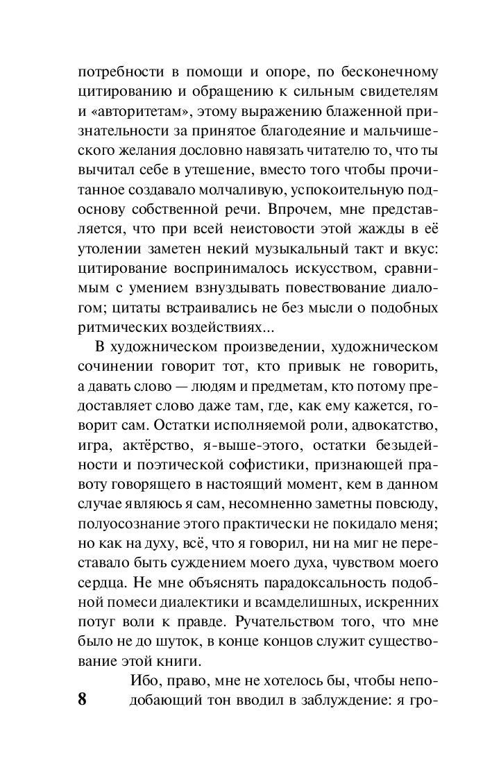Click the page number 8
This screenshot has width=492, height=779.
(82, 698)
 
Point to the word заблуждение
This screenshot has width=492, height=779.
(337, 698)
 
